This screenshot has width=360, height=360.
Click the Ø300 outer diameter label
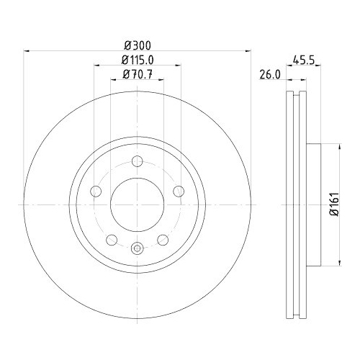point(138,42)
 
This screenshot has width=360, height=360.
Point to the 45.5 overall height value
point(302,61)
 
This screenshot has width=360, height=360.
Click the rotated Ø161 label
point(333,205)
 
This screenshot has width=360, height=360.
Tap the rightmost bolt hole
point(179,191)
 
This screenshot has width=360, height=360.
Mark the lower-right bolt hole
point(163,240)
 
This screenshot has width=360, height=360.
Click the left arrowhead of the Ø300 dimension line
point(28,50)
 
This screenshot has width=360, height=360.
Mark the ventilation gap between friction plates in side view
point(296,205)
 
